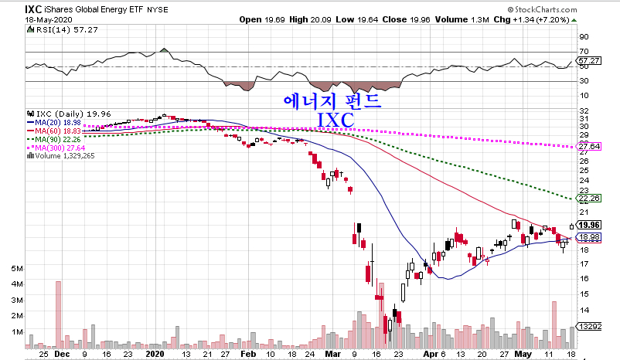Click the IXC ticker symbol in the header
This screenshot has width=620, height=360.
pos(34,8)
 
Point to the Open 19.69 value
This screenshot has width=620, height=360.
pos(263,19)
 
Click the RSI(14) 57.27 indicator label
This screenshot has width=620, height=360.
pos(58,29)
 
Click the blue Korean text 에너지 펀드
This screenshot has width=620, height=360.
pos(333,100)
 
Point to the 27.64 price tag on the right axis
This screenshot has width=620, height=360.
pos(590,147)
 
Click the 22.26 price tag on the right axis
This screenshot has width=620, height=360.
pos(590,199)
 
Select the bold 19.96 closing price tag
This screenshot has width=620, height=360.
pos(590,225)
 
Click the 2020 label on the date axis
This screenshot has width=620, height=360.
pos(155,353)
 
